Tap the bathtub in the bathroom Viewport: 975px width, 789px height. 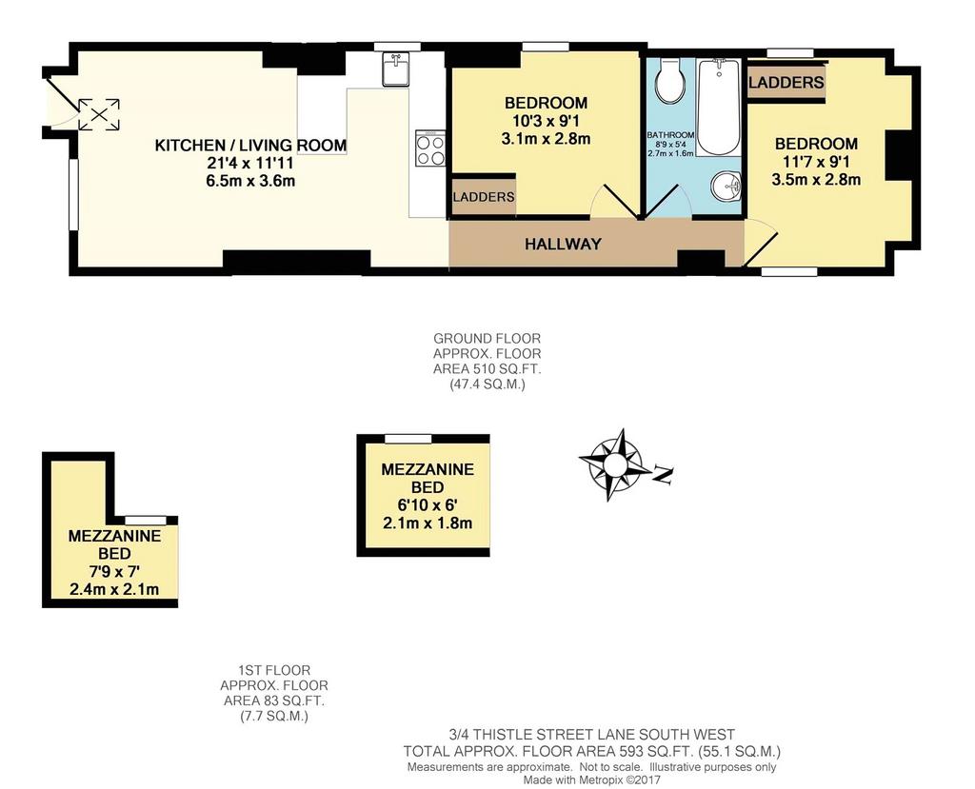pyautogui.click(x=719, y=108)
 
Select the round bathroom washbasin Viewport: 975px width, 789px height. pyautogui.click(x=726, y=186)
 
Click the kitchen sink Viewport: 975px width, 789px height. pyautogui.click(x=394, y=69)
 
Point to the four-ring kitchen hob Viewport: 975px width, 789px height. pyautogui.click(x=430, y=148)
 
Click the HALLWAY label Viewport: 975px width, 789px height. pyautogui.click(x=563, y=244)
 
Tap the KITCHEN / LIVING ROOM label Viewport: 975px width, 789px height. pyautogui.click(x=250, y=146)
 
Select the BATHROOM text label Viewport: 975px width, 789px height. pyautogui.click(x=670, y=135)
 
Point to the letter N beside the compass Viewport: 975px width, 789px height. pyautogui.click(x=664, y=474)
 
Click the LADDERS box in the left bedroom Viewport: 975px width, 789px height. pyautogui.click(x=483, y=197)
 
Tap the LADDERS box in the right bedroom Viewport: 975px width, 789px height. pyautogui.click(x=786, y=82)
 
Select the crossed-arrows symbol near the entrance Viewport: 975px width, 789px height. pyautogui.click(x=99, y=114)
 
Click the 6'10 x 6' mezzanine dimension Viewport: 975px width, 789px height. pyautogui.click(x=428, y=504)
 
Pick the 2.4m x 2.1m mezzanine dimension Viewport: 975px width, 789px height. pyautogui.click(x=114, y=589)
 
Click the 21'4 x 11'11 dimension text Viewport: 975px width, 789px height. pyautogui.click(x=250, y=163)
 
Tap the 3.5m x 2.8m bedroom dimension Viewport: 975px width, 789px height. pyautogui.click(x=816, y=180)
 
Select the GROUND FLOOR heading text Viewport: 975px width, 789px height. pyautogui.click(x=487, y=339)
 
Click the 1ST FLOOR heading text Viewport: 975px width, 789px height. pyautogui.click(x=274, y=671)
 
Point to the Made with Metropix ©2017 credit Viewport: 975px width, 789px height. pyautogui.click(x=591, y=779)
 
